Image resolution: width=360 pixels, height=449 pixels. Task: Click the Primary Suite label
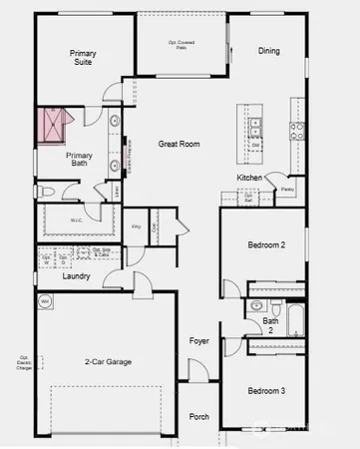[82, 57]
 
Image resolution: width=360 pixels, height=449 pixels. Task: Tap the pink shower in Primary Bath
[53, 126]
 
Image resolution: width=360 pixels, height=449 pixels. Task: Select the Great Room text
[180, 145]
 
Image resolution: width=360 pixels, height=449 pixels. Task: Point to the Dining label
[269, 51]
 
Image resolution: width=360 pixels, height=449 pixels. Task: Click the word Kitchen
[249, 178]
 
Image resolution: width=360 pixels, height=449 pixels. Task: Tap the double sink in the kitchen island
[255, 127]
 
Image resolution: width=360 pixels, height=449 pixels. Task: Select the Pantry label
[287, 188]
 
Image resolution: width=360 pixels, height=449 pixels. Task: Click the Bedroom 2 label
[266, 244]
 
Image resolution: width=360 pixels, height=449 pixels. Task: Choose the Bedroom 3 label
[266, 390]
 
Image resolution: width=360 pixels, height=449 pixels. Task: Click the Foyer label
[199, 341]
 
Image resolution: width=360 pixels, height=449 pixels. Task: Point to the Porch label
[199, 416]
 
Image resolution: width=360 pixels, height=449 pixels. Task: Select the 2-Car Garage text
[109, 362]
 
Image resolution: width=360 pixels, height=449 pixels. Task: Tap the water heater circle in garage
[45, 300]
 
